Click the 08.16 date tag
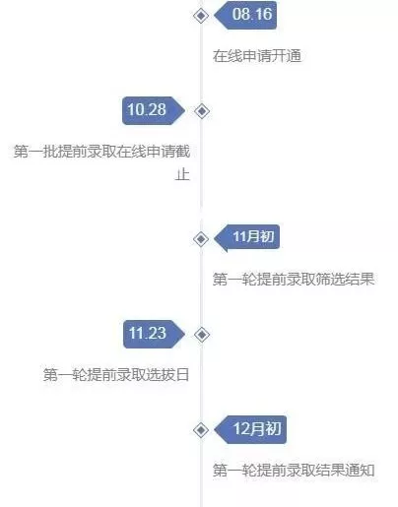[245, 15]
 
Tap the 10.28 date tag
[154, 110]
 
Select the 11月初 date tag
[247, 237]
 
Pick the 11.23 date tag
[154, 334]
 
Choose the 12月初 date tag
[250, 429]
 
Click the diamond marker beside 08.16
[201, 16]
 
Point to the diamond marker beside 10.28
[202, 111]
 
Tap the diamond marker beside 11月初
[201, 239]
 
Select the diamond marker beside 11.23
[202, 335]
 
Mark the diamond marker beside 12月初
[201, 430]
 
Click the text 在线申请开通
[257, 56]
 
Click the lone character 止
[182, 174]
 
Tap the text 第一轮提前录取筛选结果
[294, 280]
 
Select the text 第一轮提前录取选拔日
[116, 375]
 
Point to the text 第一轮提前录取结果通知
[294, 471]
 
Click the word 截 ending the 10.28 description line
[182, 152]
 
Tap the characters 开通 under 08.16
[287, 56]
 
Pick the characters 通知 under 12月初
[361, 471]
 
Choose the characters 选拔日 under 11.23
[167, 375]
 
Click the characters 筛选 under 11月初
[331, 280]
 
